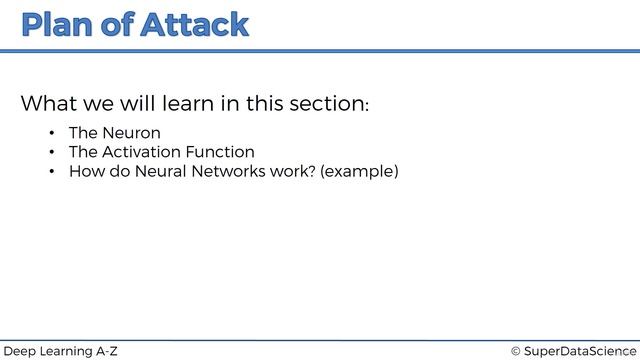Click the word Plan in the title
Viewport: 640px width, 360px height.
[59, 25]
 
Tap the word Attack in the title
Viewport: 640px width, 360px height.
[195, 25]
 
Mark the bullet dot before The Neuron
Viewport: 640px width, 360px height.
[50, 133]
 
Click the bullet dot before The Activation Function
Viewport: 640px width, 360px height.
[50, 152]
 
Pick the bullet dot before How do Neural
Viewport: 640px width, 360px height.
[50, 172]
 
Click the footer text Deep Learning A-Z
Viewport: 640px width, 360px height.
[61, 351]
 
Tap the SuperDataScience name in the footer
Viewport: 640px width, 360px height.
[579, 351]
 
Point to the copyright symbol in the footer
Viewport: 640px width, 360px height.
[516, 351]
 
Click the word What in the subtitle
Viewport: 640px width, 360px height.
[48, 104]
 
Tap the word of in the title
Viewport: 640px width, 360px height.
[120, 25]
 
